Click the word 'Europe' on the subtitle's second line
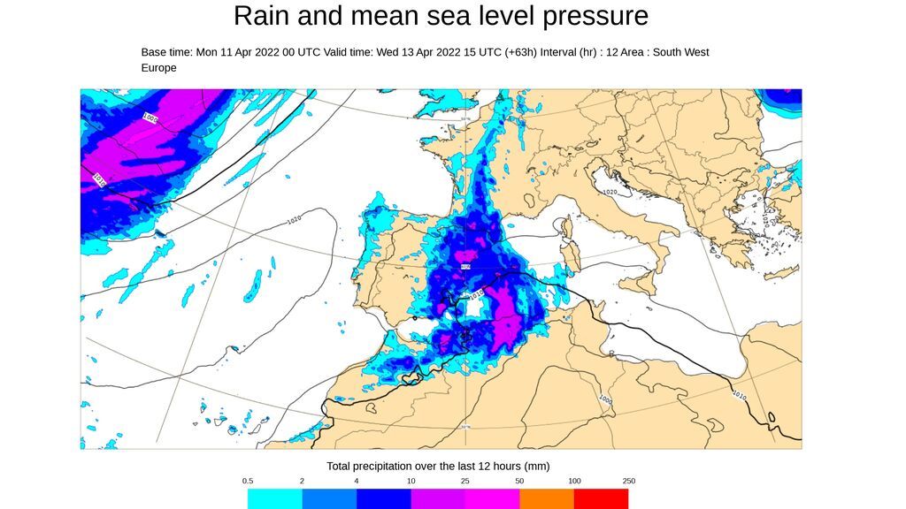click(x=159, y=68)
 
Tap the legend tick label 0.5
click(x=248, y=481)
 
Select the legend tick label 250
click(x=628, y=481)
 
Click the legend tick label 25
click(x=465, y=481)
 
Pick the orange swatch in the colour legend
click(x=546, y=499)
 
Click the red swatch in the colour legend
click(x=601, y=499)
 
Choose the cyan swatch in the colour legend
click(x=274, y=499)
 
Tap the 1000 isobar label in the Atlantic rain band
click(x=150, y=118)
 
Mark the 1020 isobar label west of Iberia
click(x=296, y=219)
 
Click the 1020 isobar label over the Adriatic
click(x=609, y=192)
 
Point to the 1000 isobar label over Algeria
click(x=604, y=399)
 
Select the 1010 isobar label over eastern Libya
click(x=740, y=395)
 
